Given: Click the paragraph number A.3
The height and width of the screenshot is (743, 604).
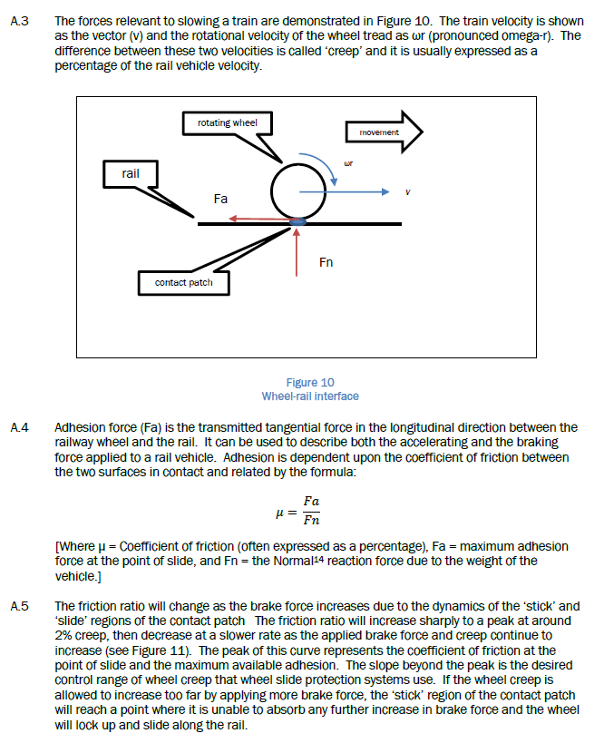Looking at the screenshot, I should [18, 20].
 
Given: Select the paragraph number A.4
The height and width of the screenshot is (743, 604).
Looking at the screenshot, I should [18, 426].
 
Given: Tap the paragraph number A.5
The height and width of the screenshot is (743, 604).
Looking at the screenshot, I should [18, 605].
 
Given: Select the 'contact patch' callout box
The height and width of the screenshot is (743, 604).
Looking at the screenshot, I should [183, 283].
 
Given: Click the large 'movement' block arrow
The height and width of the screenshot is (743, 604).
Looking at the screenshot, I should [384, 132].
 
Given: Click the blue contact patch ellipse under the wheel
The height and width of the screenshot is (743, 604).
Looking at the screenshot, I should [298, 220].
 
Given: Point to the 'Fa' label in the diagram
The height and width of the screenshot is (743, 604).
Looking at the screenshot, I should [220, 198].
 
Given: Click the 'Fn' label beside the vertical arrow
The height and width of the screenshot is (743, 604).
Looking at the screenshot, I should [326, 262].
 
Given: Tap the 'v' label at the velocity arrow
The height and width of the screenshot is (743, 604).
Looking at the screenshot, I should [408, 192].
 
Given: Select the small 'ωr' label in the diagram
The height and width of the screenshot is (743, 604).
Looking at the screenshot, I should [347, 164].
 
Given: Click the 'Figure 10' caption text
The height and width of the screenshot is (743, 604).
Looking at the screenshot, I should [309, 383].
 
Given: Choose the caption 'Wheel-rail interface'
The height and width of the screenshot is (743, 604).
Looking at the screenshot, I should [309, 396].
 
